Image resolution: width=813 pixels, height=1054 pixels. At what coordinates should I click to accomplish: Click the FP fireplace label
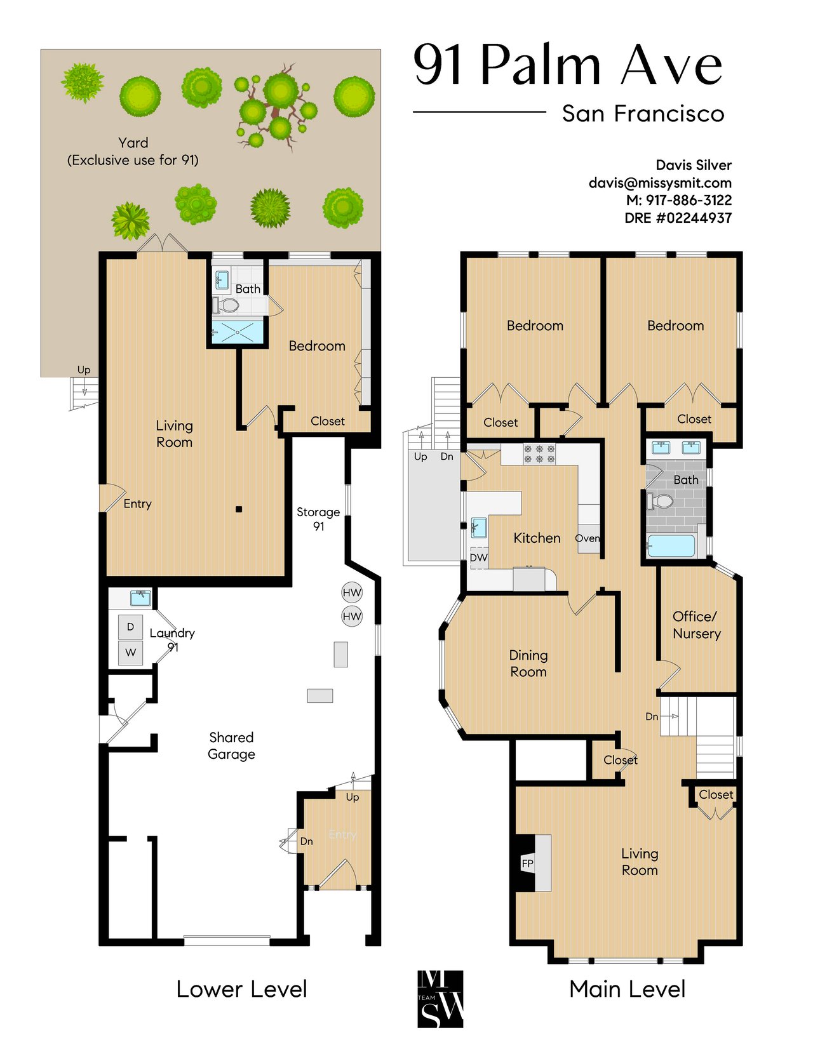(527, 864)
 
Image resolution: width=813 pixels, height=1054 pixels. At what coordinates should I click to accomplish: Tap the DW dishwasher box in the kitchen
(479, 558)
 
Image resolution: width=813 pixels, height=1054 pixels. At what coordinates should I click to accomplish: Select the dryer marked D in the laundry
(130, 627)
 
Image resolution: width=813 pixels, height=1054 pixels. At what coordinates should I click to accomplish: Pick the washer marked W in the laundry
(130, 653)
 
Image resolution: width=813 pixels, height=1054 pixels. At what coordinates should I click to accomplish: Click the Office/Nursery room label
(697, 625)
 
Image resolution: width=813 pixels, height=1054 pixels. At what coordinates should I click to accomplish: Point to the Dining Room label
(528, 664)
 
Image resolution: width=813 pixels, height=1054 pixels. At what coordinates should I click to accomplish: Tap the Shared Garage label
(231, 745)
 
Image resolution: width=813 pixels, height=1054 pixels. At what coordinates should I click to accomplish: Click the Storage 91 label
(318, 519)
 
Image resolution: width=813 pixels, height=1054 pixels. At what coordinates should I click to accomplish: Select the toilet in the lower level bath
(226, 305)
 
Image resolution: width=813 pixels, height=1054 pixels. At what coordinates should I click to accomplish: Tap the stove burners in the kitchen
(539, 454)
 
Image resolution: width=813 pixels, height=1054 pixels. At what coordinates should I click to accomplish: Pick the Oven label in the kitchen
(588, 538)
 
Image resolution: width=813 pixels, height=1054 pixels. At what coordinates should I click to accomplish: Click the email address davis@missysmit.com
(660, 183)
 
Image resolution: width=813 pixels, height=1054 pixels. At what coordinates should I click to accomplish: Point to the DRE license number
(678, 218)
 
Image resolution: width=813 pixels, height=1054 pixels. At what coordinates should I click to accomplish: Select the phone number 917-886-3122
(689, 200)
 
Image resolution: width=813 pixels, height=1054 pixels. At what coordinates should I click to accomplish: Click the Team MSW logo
(440, 999)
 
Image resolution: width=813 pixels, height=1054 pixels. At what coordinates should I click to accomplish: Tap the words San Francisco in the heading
(643, 114)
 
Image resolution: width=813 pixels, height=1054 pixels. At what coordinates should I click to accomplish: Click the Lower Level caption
(241, 989)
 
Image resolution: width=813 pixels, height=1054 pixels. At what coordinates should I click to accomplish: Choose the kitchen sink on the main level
(479, 527)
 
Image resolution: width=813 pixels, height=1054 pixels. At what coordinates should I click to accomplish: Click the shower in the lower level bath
(238, 332)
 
